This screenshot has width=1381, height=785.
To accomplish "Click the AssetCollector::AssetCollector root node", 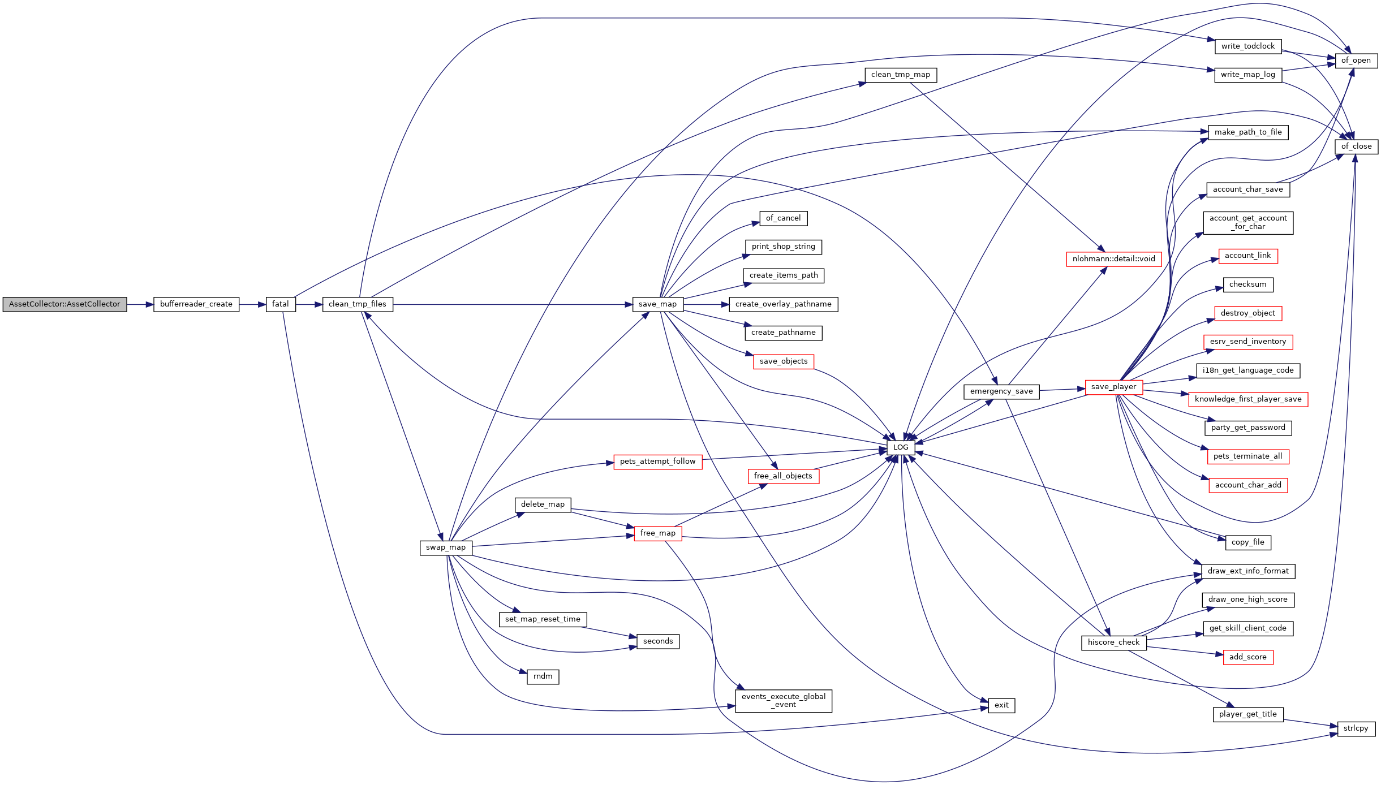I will (x=64, y=304).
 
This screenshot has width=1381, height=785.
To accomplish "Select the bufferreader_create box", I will (x=196, y=304).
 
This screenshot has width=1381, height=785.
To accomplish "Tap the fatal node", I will (x=281, y=304).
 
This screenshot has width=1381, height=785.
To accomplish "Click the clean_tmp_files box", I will (x=358, y=304).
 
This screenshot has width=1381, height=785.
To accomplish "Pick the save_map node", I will (x=658, y=304).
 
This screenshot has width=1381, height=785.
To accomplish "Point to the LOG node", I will (x=901, y=447).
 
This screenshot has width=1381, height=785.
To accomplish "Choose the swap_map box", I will (x=446, y=547).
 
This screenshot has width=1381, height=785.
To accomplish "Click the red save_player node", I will (x=1113, y=387).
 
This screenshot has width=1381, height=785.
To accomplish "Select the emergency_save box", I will (x=1001, y=391).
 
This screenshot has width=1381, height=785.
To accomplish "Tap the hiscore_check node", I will (x=1113, y=642).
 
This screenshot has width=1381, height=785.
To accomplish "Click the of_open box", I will (x=1356, y=61).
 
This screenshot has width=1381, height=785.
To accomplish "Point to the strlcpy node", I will (x=1356, y=728).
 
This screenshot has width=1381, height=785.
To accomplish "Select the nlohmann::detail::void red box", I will (x=1113, y=259).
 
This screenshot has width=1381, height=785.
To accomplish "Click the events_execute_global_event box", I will (x=784, y=701).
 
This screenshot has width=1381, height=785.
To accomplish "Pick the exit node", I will (x=1001, y=705).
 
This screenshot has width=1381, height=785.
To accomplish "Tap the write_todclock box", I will (x=1248, y=46).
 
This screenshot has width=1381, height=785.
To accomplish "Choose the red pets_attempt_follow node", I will (x=658, y=461).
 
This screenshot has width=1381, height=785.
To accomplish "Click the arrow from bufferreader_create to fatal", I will (x=252, y=304).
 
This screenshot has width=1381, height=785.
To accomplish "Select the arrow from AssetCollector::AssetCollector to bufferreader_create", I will (x=140, y=304).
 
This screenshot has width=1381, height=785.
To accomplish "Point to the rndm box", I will (x=543, y=676).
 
